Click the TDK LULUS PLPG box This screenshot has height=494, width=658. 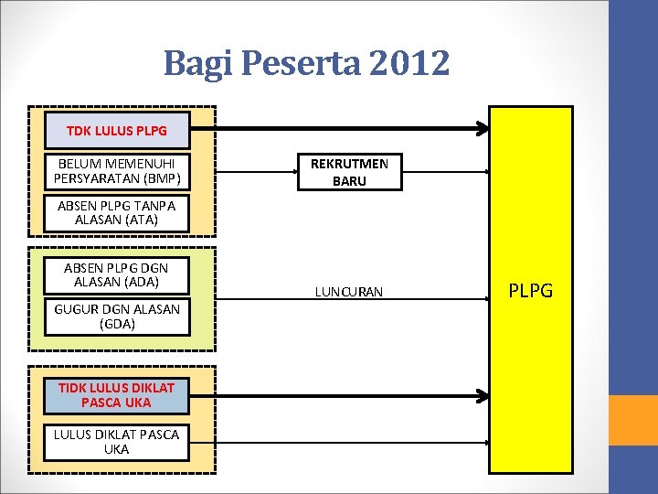coord(117,131)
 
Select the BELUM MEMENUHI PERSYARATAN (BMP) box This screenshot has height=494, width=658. coord(117,171)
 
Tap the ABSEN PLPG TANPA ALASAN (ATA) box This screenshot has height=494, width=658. coord(117,213)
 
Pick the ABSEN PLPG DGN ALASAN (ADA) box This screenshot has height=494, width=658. coord(117,275)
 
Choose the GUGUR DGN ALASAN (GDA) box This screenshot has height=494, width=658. coord(117,317)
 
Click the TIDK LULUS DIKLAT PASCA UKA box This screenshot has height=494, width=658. coord(117,395)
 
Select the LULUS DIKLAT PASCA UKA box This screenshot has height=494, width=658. coord(117,442)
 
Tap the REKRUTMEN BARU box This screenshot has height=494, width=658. coord(349,172)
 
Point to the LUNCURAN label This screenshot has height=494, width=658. coord(349,292)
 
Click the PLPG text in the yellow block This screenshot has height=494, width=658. coord(531,291)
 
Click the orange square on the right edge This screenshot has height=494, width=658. coord(633,420)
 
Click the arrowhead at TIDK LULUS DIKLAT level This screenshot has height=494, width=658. coord(483,395)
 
